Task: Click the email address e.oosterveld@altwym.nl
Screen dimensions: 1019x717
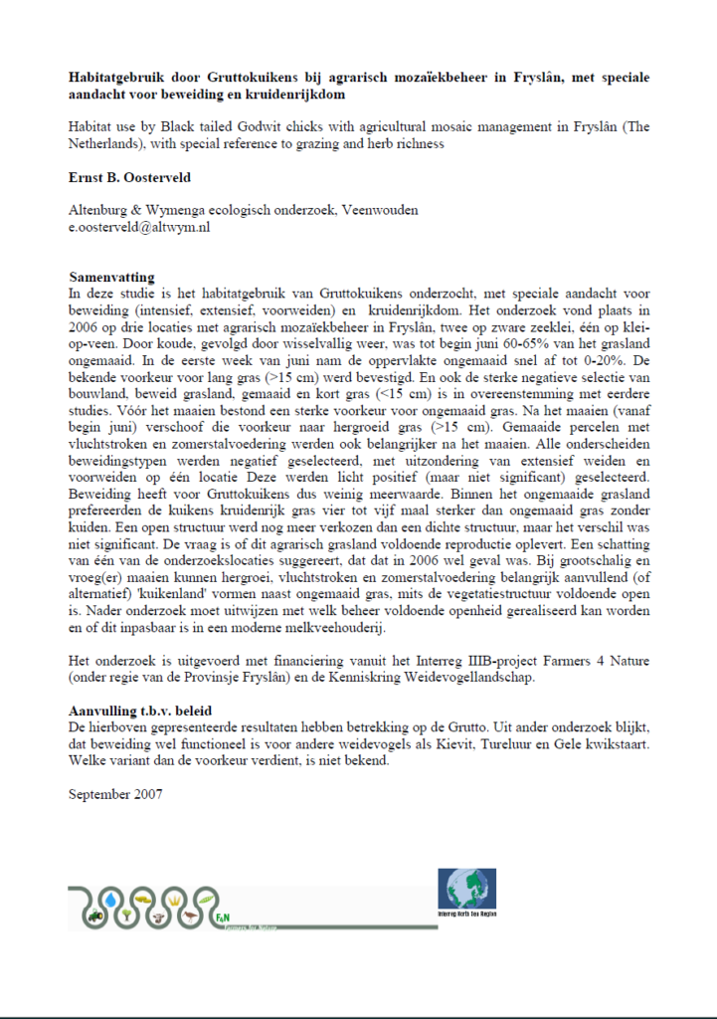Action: click(x=139, y=227)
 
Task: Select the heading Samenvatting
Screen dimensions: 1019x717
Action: click(x=112, y=277)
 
